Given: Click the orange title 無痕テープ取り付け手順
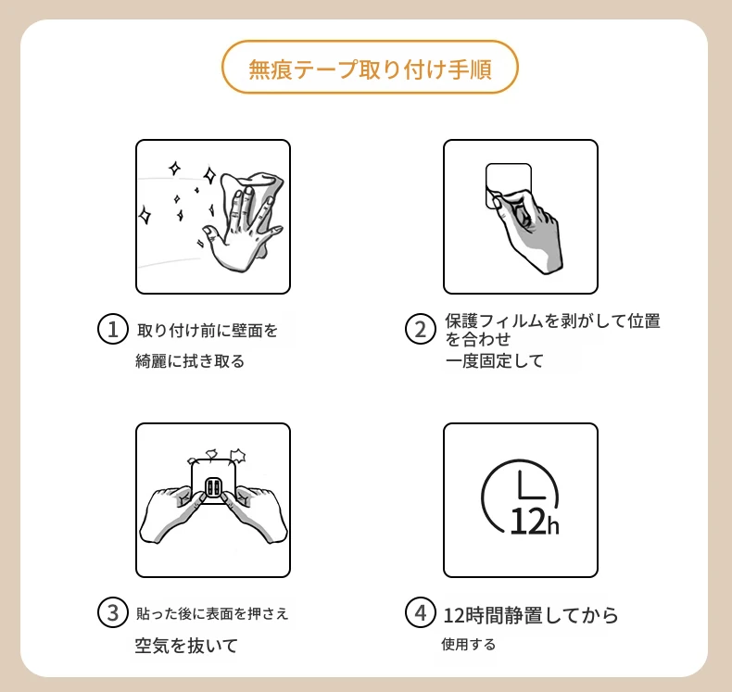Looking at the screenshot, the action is point(370,69).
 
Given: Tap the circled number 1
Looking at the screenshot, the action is point(112,330).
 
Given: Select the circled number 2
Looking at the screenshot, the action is point(420,330).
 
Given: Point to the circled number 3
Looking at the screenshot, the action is point(112,612).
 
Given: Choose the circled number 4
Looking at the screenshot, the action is point(420,612).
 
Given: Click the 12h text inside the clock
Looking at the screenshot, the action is point(534,521).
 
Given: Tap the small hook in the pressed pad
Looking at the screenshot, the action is point(213,488).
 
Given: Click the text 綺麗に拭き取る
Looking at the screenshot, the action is point(190,360).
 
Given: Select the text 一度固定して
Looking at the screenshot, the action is point(495,360).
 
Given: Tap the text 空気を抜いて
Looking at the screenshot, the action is point(186,646).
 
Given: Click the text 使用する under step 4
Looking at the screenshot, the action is point(468,645).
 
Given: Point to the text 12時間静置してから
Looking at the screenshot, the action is point(531,615).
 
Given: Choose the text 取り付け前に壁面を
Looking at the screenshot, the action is point(208,331).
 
